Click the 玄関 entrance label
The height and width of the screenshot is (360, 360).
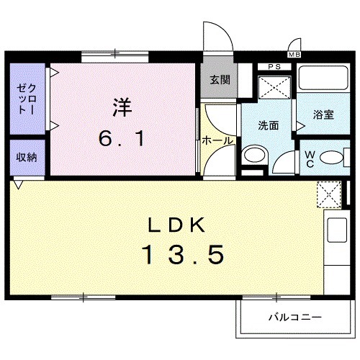pos(220,81)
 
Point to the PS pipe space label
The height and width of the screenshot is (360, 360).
pos(274,68)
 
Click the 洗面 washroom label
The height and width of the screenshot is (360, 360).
pos(269,125)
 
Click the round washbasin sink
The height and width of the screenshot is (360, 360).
pos(253,155)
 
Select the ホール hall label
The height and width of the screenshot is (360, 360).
pos(217,141)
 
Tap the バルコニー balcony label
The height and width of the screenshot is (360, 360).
pos(295,316)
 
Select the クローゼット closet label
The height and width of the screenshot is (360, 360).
pos(27,99)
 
